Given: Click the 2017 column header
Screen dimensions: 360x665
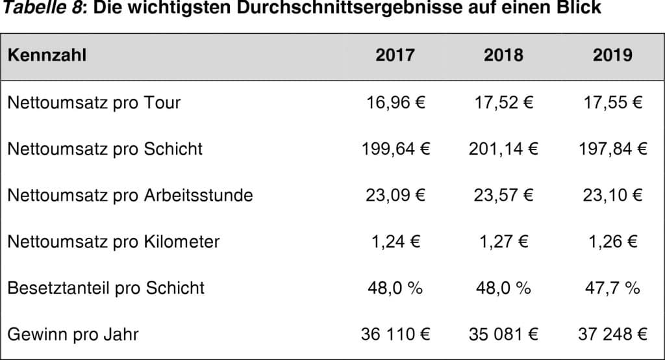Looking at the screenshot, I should tap(395, 55).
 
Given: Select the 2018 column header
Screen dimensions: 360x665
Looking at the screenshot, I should tap(503, 55).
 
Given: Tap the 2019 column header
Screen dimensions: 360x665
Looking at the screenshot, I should tap(612, 55).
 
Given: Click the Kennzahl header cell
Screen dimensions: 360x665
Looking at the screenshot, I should tap(47, 55).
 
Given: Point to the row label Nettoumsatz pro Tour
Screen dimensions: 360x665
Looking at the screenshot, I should tap(94, 103).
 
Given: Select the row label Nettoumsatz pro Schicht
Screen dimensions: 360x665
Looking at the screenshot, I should tap(105, 149).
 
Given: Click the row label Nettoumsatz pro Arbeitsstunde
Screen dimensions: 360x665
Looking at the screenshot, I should tap(130, 195).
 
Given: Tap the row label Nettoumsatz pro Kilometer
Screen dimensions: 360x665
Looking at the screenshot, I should tap(113, 242).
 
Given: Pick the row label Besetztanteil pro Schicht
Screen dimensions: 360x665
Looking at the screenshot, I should tap(106, 288).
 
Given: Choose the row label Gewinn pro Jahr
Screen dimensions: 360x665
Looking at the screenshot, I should tap(73, 335).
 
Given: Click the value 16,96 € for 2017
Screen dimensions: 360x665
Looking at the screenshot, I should tap(395, 103).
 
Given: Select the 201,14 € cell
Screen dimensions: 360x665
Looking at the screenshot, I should tap(503, 149).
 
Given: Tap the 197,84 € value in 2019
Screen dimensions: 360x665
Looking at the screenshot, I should tap(612, 149).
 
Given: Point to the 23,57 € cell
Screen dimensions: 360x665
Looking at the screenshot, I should tap(503, 195).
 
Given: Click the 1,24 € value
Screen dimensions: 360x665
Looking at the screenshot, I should tap(395, 242).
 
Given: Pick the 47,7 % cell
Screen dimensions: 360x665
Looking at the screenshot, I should tap(612, 288).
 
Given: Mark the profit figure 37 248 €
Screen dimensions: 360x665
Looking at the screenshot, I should tap(612, 335).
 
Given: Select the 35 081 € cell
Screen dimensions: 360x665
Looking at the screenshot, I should tap(503, 335).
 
